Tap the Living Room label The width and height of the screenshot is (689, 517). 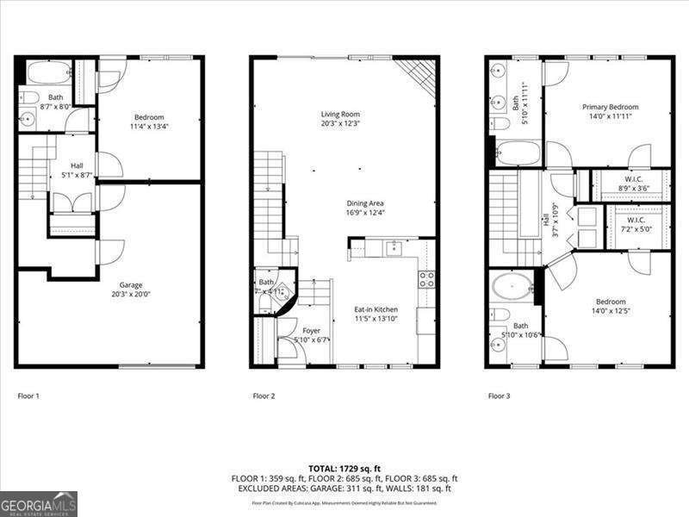coord(340,114)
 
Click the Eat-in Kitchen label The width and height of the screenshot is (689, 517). coord(376,308)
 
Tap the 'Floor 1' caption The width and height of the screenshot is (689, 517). coord(28,396)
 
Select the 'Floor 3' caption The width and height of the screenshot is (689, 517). coord(499,396)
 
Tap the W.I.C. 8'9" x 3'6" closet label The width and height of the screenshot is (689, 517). coord(636,179)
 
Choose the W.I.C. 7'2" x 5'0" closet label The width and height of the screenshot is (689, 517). coord(636,221)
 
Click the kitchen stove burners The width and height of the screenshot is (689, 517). coord(426,279)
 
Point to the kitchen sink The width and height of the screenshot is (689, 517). coord(394,249)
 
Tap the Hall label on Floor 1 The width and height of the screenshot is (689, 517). coord(77,165)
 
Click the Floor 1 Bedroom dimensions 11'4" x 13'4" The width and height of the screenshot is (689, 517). coord(149,126)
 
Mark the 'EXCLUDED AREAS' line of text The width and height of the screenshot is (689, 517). coord(344,489)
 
